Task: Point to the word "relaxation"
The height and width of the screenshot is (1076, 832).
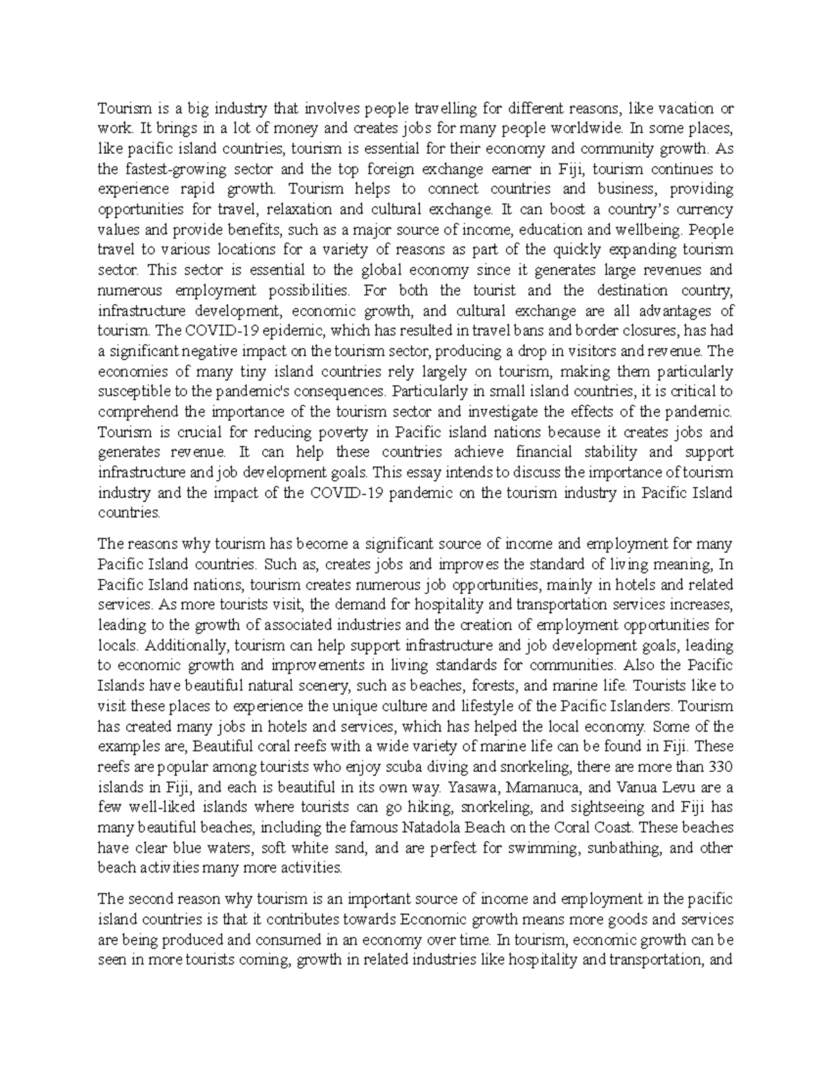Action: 363,209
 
